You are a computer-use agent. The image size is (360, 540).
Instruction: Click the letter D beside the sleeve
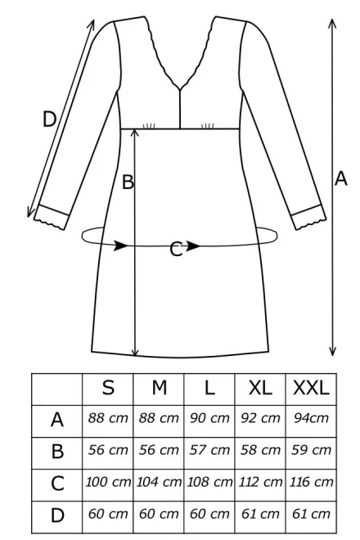point(49,119)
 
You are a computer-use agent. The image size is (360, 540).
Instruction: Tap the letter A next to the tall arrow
point(340,178)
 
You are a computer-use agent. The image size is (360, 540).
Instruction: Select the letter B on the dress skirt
point(128,182)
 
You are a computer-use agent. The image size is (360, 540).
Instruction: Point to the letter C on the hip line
point(176,250)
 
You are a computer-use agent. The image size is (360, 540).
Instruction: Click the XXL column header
point(311,388)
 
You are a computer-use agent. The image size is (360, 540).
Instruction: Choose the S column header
point(108,388)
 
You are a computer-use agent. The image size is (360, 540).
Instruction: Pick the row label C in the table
point(57,484)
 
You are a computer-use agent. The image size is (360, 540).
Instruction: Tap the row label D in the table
point(57,515)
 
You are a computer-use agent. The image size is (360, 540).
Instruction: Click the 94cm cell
point(311,418)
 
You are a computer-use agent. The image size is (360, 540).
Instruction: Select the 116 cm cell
point(311,482)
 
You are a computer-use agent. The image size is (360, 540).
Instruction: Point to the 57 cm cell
point(209,450)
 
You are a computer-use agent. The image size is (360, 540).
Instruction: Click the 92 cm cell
point(260,418)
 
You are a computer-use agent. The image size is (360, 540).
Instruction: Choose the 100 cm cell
point(108,482)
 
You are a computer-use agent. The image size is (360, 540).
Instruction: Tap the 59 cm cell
point(311,450)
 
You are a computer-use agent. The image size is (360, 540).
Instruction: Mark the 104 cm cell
point(159,482)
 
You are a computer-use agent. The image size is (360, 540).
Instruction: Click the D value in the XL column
point(260,514)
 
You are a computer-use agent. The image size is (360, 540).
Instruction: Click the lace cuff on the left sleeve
point(52,218)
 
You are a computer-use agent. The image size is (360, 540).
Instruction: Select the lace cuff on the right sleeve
point(308,217)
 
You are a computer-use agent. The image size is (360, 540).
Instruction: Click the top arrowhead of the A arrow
point(332,24)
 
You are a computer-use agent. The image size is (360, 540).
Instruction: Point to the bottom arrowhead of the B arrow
point(135,352)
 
